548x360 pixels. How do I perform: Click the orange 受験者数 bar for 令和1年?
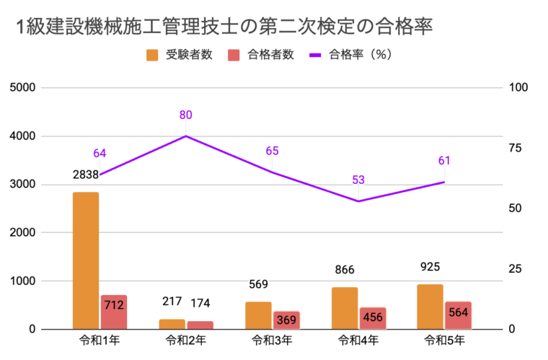86,260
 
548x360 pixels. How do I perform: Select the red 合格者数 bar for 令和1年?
114,312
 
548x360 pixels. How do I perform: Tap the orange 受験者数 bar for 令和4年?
345,308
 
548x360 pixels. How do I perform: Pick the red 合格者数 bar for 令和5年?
458,315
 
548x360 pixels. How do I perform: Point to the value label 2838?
86,174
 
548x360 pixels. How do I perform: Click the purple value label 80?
186,115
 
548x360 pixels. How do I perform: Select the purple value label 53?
358,180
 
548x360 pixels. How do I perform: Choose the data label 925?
430,267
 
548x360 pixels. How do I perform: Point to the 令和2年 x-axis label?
186,340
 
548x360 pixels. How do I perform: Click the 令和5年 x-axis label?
444,340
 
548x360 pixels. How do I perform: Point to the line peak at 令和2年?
186,136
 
